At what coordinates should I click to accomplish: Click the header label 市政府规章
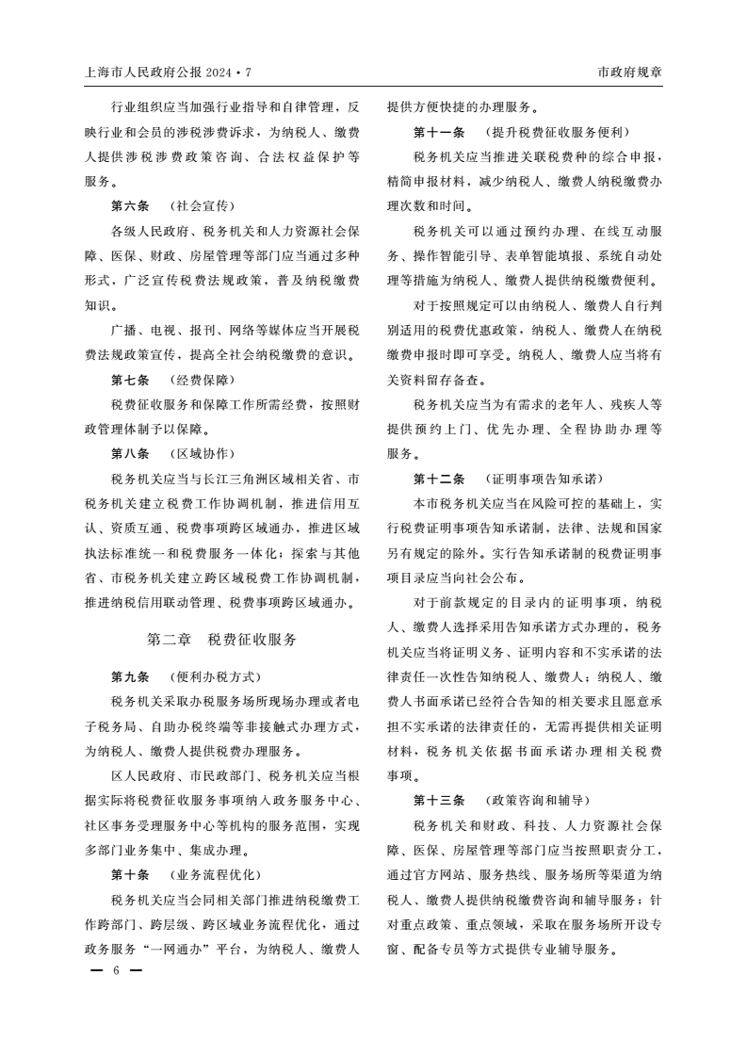[630, 73]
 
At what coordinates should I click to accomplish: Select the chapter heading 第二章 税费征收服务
[222, 640]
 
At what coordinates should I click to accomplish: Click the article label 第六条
[130, 205]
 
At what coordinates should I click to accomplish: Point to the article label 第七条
[130, 380]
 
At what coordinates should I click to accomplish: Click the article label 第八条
[130, 454]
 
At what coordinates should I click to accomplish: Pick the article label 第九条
[130, 677]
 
